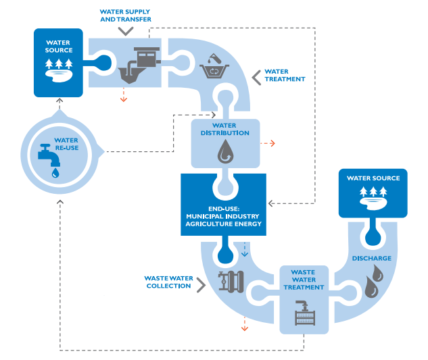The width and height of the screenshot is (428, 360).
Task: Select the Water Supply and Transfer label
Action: point(126,16)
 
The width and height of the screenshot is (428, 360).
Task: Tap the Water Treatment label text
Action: point(285,75)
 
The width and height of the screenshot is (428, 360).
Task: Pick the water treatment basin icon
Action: point(214,66)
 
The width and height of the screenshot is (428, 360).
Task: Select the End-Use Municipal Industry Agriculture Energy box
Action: point(224,204)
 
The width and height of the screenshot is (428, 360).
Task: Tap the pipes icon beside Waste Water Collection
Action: point(230,282)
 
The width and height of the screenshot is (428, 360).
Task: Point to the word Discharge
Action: point(371,258)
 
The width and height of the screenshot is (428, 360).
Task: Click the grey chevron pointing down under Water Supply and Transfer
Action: point(126,32)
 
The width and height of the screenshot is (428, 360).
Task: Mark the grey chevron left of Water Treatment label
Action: point(256,76)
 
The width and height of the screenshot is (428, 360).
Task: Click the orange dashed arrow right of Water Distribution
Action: point(268,143)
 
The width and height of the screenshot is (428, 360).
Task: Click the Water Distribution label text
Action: point(224,128)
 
